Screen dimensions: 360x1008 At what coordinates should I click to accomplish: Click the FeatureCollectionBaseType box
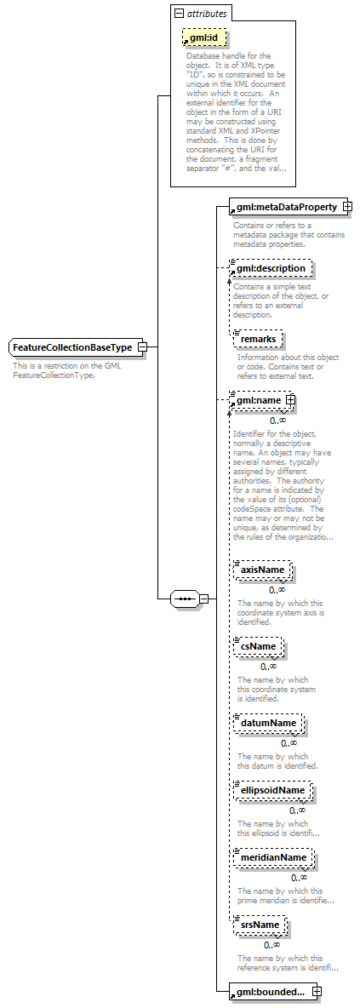point(72,347)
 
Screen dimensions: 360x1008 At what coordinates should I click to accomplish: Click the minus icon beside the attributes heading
point(178,14)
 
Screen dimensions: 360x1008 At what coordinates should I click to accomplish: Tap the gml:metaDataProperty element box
point(286,207)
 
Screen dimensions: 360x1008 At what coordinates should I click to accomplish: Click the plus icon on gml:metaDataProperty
point(347,207)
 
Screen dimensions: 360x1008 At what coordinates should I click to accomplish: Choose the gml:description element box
point(271,268)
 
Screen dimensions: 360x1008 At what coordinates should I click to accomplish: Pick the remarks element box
point(258,339)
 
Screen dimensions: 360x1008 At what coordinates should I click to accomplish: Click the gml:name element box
point(259,399)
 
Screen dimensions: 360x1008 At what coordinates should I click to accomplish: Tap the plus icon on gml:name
point(290,399)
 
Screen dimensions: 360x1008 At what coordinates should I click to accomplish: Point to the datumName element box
point(267,723)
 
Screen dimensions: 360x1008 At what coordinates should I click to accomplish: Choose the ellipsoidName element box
point(271,790)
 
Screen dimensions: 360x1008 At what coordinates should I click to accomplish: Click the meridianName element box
point(273,857)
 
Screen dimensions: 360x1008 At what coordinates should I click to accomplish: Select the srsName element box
point(260,925)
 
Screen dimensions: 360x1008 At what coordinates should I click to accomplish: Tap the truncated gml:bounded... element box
point(271,991)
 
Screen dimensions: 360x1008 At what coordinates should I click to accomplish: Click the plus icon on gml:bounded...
point(317,991)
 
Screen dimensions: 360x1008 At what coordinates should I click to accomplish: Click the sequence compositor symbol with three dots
point(185,598)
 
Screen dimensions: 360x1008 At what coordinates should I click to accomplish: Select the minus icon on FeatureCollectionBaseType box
point(143,347)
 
